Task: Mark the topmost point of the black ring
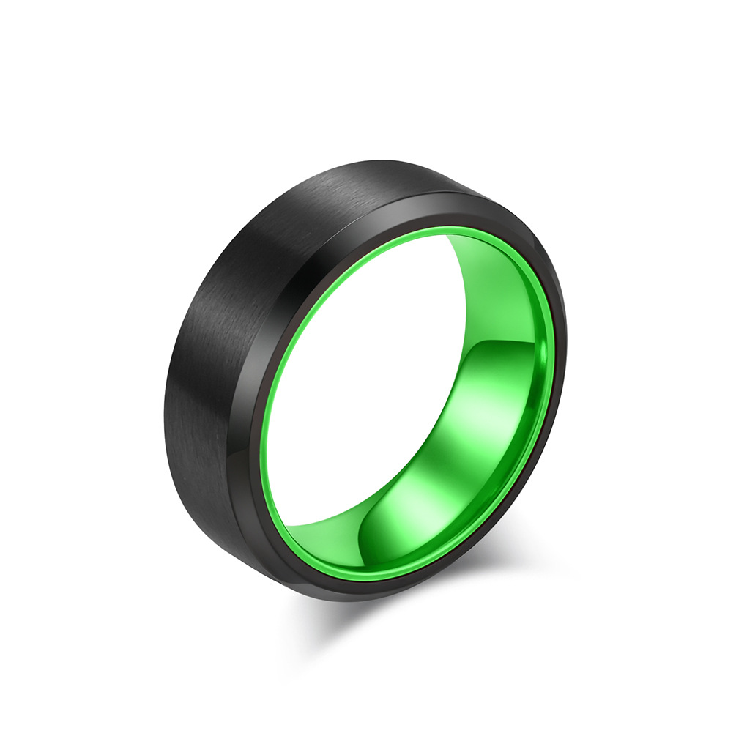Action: (388, 159)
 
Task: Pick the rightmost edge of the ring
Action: (566, 344)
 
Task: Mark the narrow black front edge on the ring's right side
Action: (551, 410)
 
